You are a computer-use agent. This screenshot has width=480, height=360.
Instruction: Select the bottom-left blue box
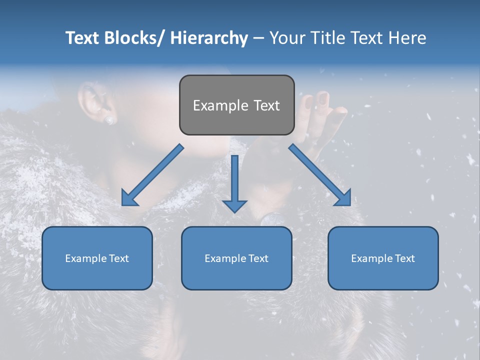click(x=97, y=258)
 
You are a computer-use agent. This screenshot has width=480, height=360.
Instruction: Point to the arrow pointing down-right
click(x=319, y=174)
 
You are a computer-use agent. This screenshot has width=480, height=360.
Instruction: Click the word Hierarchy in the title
click(x=209, y=38)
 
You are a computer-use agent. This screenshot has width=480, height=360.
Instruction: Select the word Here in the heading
click(x=407, y=38)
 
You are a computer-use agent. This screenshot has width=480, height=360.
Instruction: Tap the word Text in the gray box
click(x=266, y=105)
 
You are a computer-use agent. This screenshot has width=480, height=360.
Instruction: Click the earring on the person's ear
click(x=109, y=120)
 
